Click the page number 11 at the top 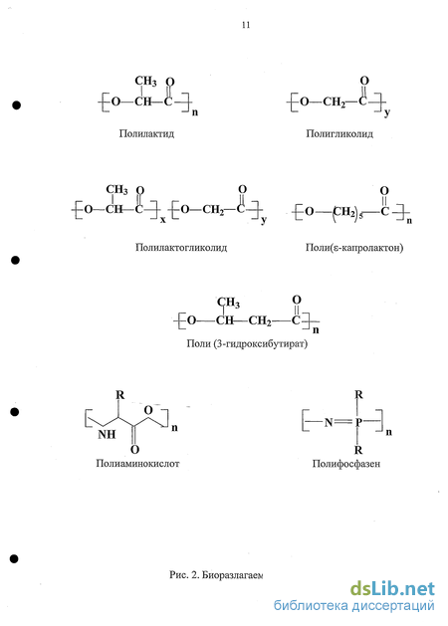tap(246, 25)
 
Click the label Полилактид tap(146, 133)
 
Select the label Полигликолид tap(339, 133)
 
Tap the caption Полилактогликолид tap(181, 248)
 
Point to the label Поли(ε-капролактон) tap(354, 248)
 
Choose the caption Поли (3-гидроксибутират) tap(247, 343)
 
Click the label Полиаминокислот tap(137, 463)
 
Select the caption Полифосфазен tap(346, 464)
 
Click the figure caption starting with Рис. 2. tap(216, 575)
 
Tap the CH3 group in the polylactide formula tap(145, 81)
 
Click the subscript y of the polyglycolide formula tap(387, 113)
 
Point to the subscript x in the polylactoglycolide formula tap(163, 219)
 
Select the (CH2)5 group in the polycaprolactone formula tap(347, 212)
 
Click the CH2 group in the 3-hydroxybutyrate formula tap(260, 321)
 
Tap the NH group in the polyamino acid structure tap(107, 434)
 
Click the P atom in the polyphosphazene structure tap(358, 422)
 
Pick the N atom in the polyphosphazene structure tap(329, 422)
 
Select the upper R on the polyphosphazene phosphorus tap(359, 395)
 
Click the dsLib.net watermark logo tap(392, 589)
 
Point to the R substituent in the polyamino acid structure tap(120, 395)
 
